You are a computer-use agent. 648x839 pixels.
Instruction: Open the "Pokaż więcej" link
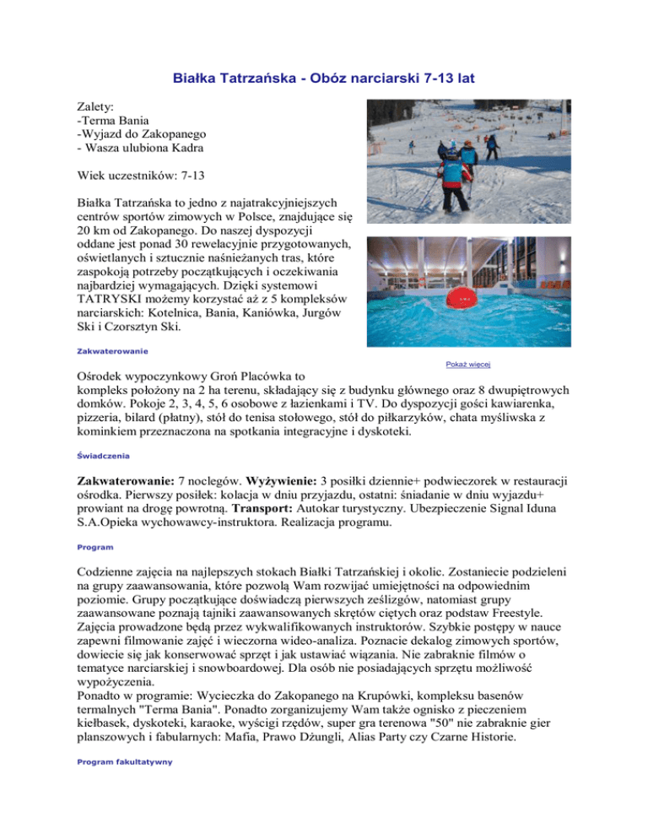coord(467,364)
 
